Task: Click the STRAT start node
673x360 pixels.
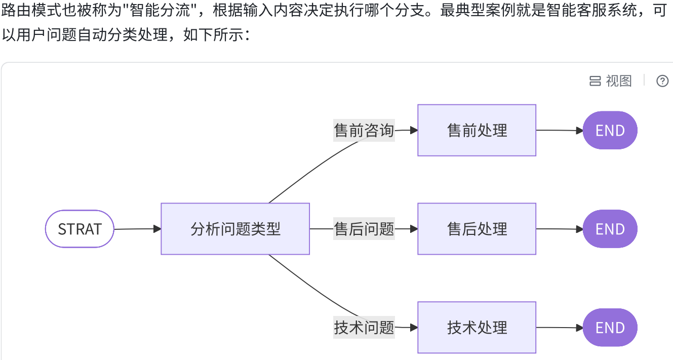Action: (80, 229)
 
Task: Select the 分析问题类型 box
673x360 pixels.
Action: (235, 229)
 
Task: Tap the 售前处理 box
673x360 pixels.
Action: (477, 130)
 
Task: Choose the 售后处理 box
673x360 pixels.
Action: (477, 229)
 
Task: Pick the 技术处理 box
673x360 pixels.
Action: (477, 328)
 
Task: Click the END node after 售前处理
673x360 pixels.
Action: (610, 130)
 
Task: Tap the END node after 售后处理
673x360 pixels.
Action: (610, 229)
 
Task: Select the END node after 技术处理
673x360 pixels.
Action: (610, 328)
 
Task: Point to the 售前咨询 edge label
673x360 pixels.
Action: (364, 130)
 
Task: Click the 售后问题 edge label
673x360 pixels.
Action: (364, 229)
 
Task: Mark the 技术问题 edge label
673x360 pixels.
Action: (364, 328)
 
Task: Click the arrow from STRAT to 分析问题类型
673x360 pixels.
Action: (137, 229)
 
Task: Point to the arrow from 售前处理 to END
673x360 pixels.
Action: (560, 130)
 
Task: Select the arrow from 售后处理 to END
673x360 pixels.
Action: (560, 229)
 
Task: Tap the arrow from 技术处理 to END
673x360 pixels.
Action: (560, 328)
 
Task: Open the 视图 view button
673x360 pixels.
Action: (611, 81)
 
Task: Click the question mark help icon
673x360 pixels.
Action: (662, 81)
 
